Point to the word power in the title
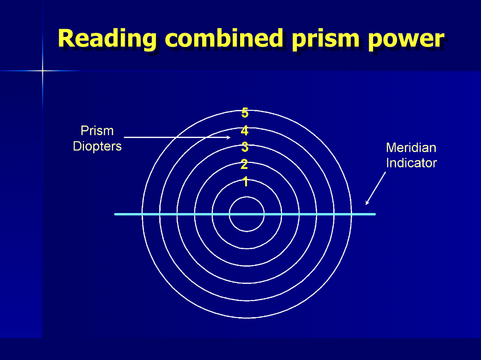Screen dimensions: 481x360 (x=406, y=39)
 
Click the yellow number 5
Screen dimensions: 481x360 (x=245, y=113)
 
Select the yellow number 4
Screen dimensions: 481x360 (x=245, y=131)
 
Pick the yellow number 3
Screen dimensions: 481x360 (x=245, y=148)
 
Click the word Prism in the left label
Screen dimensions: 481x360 (x=97, y=131)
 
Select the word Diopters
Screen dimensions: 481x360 (x=97, y=146)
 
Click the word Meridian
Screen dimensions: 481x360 (x=411, y=148)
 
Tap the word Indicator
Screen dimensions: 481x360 (x=411, y=163)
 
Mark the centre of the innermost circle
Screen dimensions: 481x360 (x=247, y=214)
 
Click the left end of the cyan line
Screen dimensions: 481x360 (x=115, y=214)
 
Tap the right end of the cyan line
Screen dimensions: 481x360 (x=375, y=214)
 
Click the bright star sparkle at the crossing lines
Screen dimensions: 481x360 (x=42, y=71)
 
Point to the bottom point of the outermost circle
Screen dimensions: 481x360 (x=247, y=318)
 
